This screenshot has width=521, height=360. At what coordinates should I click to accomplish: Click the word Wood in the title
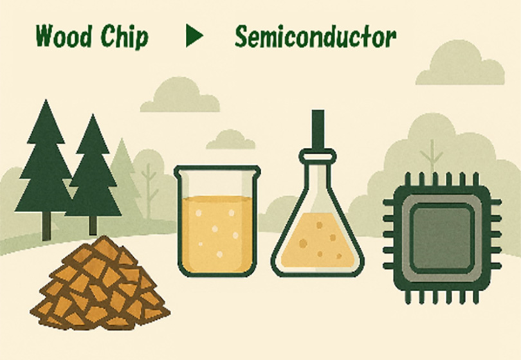(x=63, y=36)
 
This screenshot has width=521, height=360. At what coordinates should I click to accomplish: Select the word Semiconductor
(x=315, y=37)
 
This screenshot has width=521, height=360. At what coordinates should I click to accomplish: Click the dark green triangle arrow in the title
(x=194, y=35)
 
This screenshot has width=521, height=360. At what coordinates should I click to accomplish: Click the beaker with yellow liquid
(x=217, y=221)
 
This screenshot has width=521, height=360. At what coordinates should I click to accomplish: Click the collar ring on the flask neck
(x=318, y=156)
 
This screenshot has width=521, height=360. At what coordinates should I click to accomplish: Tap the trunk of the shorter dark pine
(x=93, y=226)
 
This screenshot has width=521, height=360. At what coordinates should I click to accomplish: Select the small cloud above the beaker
(x=231, y=139)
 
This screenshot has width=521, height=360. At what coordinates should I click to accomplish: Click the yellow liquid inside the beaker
(x=217, y=233)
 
